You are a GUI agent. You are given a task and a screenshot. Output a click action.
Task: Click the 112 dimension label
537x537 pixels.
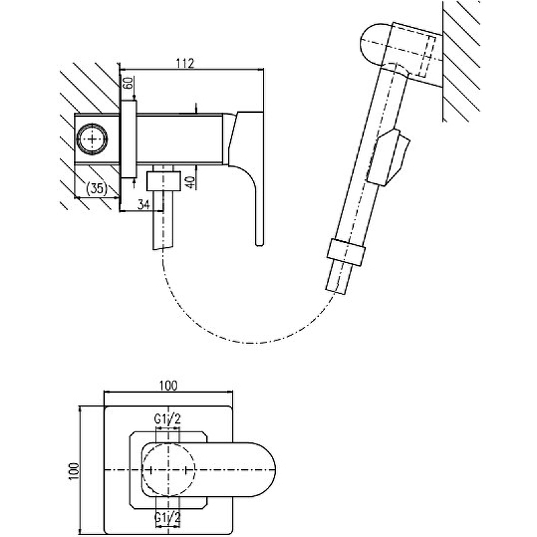[185, 63]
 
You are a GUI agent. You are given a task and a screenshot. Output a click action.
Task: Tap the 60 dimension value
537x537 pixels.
[128, 85]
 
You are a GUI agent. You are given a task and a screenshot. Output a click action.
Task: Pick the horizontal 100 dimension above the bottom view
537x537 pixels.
[169, 385]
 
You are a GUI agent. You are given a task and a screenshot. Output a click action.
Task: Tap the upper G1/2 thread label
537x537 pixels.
[167, 420]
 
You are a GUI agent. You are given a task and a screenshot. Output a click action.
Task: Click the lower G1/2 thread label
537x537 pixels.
[167, 518]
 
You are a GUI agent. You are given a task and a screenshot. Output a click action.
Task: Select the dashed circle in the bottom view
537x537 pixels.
[168, 469]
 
